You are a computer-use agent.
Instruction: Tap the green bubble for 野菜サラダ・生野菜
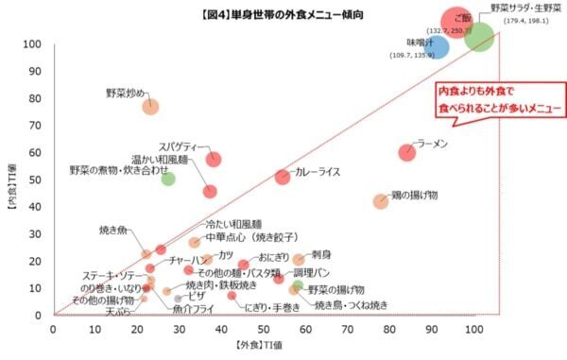480,37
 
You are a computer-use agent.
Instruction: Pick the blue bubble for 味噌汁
437,44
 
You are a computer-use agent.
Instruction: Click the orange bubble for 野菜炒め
151,107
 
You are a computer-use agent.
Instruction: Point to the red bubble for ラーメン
407,151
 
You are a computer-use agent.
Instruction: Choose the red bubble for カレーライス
283,177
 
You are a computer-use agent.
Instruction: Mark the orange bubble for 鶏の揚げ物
381,201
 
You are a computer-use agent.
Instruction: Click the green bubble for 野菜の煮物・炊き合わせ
168,179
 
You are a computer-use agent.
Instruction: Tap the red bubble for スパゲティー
215,159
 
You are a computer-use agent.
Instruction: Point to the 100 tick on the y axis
35,44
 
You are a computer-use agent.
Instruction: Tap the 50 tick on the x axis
263,328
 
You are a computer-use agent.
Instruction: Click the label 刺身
321,254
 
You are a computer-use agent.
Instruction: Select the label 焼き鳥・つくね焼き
351,306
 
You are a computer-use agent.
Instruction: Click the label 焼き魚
119,229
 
